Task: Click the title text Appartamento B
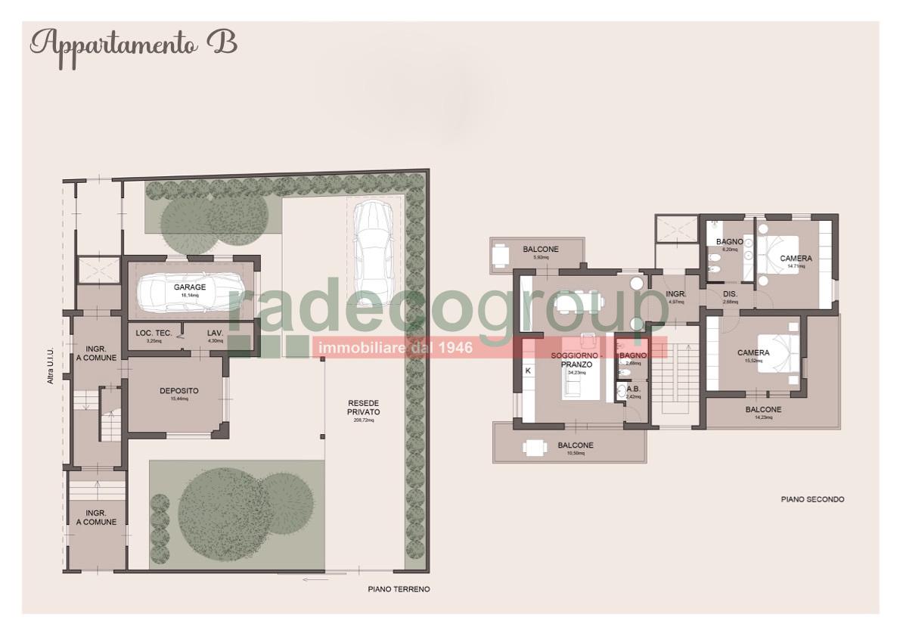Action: (x=133, y=44)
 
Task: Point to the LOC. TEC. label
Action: (x=153, y=333)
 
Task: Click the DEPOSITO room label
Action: (x=179, y=391)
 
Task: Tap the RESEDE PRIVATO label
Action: (x=364, y=407)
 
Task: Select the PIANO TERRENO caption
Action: (x=399, y=589)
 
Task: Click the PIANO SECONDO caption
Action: (x=812, y=500)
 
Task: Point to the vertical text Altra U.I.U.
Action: (x=51, y=366)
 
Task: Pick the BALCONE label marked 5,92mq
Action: (x=541, y=250)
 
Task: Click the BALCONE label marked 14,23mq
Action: (x=763, y=410)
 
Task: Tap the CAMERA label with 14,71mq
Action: (x=796, y=259)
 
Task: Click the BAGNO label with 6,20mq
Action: (x=731, y=242)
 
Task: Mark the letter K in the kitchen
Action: (x=528, y=371)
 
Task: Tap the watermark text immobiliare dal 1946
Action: (x=396, y=348)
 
